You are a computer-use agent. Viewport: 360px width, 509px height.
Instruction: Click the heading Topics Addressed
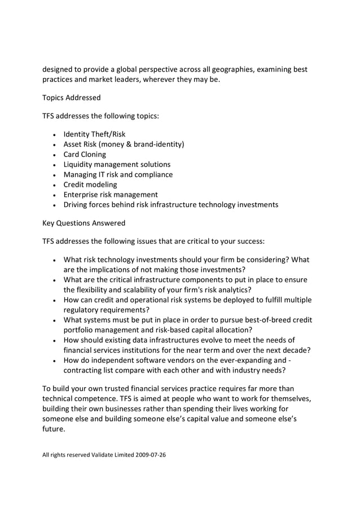[x=72, y=98]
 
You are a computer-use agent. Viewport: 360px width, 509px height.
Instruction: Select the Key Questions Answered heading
[x=84, y=222]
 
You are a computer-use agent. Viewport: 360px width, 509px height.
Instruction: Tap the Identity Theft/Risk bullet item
[x=94, y=134]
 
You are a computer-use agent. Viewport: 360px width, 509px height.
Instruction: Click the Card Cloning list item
[x=85, y=155]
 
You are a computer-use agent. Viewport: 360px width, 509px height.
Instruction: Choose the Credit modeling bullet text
[x=90, y=185]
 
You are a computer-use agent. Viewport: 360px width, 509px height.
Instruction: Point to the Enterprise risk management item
[x=111, y=195]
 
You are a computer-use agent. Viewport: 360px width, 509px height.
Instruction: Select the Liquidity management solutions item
[x=117, y=164]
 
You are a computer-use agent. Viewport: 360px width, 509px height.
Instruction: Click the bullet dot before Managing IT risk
[x=54, y=175]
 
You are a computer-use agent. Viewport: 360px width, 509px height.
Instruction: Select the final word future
[x=54, y=428]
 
